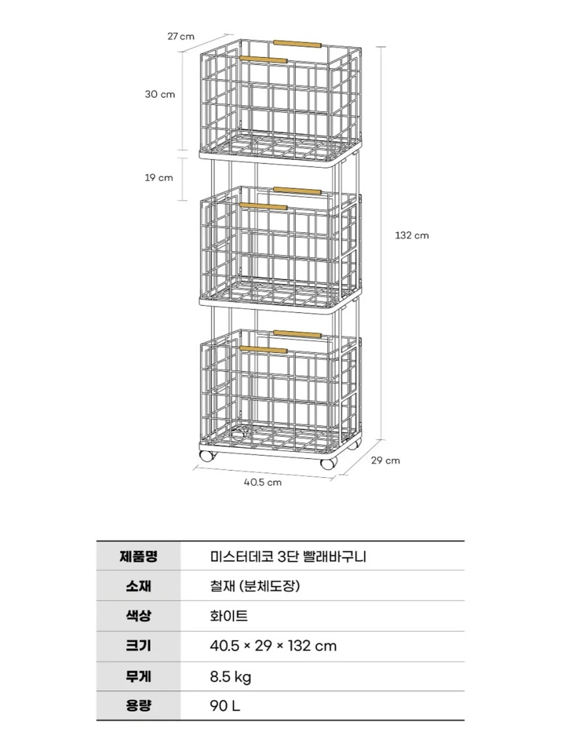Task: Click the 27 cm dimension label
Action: pos(181,36)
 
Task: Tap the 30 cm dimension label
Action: pos(160,94)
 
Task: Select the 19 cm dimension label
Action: pos(159,178)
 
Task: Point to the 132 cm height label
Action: pos(412,235)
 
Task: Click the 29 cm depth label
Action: pos(385,460)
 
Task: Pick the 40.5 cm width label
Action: pos(263,482)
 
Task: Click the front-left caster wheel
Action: pos(207,456)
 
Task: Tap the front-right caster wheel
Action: pos(329,463)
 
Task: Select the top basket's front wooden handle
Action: pos(263,60)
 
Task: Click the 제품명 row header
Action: pos(138,556)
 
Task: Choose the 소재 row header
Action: pos(138,586)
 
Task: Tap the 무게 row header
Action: pos(138,676)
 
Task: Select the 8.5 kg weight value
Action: pos(230,677)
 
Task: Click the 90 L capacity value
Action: pos(225,706)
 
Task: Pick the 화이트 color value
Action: pos(229,616)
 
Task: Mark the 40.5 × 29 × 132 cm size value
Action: pos(273,646)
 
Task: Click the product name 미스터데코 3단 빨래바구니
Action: pos(288,557)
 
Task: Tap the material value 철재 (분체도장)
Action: pos(255,586)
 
